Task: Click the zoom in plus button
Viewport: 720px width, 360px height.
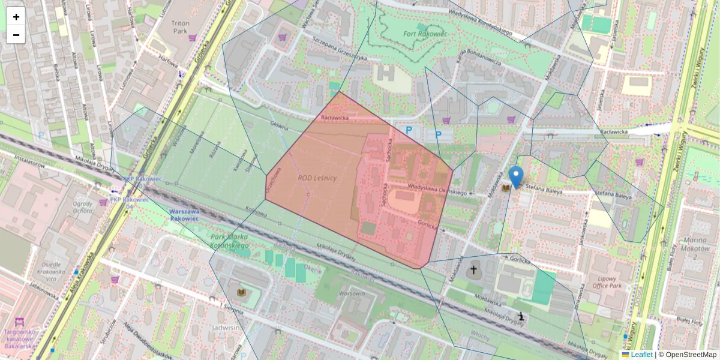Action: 16,17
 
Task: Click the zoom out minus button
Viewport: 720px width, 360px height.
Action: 16,35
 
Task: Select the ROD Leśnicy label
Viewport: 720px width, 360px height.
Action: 317,178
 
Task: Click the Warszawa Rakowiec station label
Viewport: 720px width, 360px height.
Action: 184,215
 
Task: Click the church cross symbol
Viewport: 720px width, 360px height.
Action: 473,271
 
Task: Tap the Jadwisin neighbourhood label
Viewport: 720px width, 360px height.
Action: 226,328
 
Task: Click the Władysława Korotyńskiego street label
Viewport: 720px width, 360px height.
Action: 475,24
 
